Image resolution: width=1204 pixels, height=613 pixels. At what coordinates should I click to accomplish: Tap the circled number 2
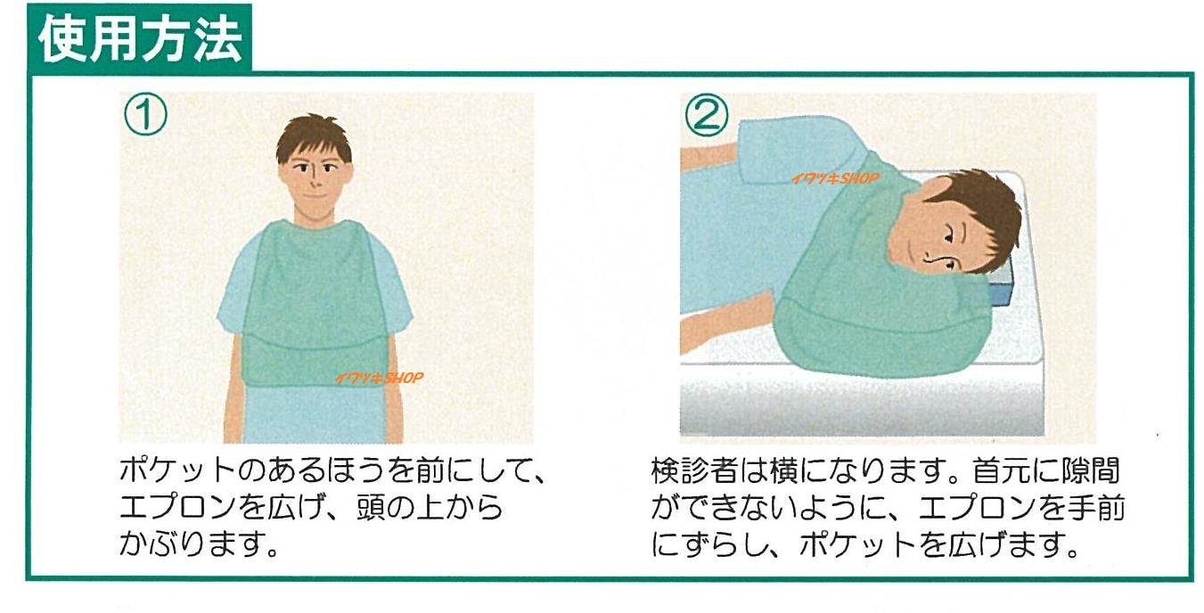pos(706,115)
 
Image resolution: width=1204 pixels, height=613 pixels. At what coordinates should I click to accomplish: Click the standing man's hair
pos(313,136)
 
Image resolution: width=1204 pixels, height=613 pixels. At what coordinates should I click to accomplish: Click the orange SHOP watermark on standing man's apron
pos(379,378)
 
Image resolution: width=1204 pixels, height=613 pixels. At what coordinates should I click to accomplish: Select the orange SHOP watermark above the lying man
pos(834,178)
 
